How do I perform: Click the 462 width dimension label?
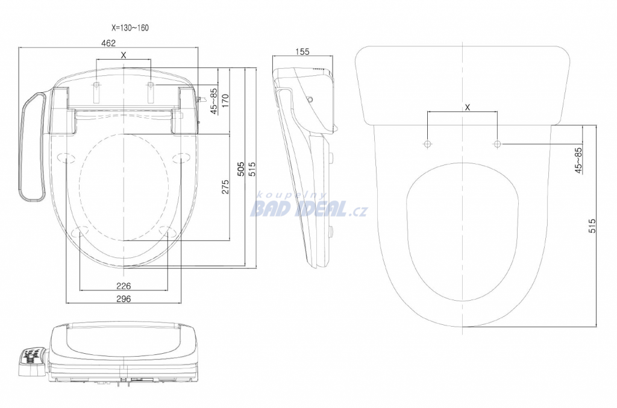click(x=108, y=43)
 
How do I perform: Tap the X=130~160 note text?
click(x=130, y=28)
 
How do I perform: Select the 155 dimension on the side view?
click(x=302, y=52)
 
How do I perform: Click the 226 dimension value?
click(x=124, y=286)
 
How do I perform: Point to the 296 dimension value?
click(x=124, y=299)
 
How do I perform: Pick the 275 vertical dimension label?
click(x=225, y=187)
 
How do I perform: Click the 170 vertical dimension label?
click(x=225, y=101)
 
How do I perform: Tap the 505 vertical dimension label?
click(x=241, y=169)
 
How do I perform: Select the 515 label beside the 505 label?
click(x=252, y=169)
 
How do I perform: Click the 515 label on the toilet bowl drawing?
click(x=592, y=226)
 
